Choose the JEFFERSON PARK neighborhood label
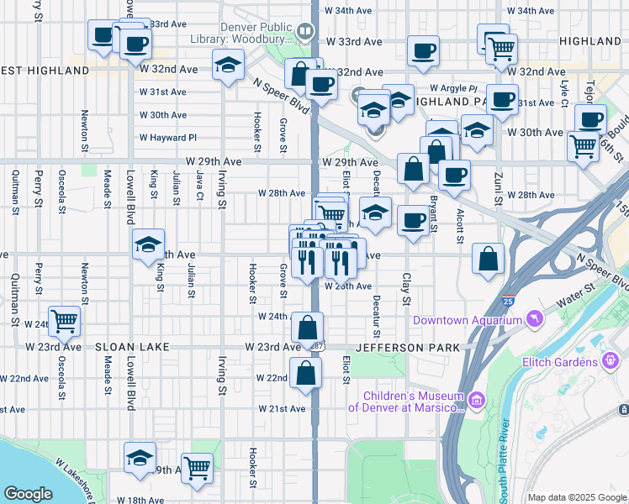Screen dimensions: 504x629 [408, 347]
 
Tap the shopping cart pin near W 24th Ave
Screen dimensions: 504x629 [64, 320]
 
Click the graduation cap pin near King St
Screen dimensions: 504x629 [148, 244]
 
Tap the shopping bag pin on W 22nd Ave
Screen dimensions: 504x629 [306, 372]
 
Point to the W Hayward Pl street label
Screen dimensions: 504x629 [168, 138]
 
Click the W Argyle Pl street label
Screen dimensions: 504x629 [452, 88]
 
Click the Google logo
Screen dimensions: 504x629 [28, 494]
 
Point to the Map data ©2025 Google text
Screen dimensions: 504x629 [577, 497]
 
